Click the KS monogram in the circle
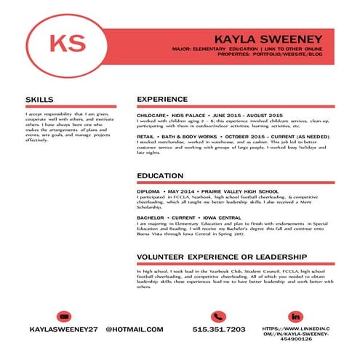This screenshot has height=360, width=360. click(63, 41)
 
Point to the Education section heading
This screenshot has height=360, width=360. click(160, 175)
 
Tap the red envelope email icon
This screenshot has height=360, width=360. click(63, 316)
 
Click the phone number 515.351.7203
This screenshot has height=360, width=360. click(219, 329)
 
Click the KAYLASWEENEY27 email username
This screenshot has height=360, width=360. click(63, 329)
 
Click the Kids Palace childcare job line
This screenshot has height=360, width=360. click(209, 116)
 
